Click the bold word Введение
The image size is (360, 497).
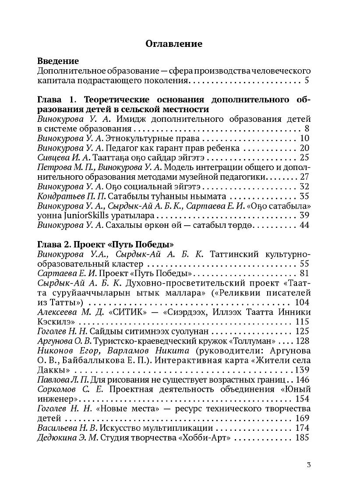pyautogui.click(x=58, y=61)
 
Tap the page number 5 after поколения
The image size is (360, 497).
pyautogui.click(x=307, y=81)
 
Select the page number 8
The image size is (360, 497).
pyautogui.click(x=307, y=129)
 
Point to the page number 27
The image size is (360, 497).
pyautogui.click(x=305, y=177)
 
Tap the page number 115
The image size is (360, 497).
pyautogui.click(x=303, y=322)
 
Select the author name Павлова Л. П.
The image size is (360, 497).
pyautogui.click(x=63, y=380)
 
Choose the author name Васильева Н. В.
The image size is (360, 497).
pyautogui.click(x=68, y=428)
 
